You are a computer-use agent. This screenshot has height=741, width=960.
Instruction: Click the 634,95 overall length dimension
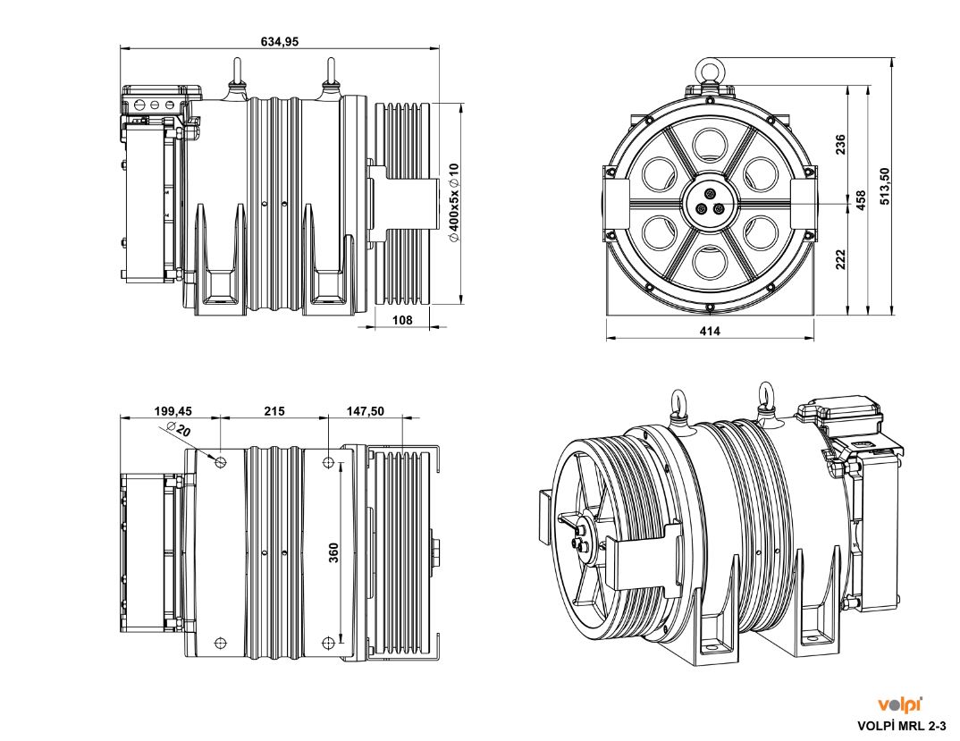tap(280, 41)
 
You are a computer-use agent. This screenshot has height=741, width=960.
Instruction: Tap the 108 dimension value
tap(403, 319)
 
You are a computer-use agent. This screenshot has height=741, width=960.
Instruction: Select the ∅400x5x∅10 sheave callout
tap(453, 203)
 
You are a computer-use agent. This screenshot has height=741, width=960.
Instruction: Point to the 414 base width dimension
tap(710, 331)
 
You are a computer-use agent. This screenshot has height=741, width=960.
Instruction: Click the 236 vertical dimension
tap(841, 145)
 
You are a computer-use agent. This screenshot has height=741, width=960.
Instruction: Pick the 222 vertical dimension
tap(841, 259)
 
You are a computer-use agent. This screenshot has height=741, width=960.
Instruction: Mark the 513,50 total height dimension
tap(885, 186)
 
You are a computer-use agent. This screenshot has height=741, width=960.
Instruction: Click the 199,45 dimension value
tap(173, 411)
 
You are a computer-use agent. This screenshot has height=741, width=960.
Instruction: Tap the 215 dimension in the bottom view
tap(274, 411)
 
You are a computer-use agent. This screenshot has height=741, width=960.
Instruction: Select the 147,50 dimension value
tap(366, 411)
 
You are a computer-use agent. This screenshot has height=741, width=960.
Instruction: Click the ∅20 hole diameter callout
tap(178, 432)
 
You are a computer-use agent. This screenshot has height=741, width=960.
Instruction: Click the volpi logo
tap(900, 704)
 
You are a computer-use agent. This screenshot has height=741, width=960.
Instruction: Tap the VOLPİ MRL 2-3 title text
tap(901, 726)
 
